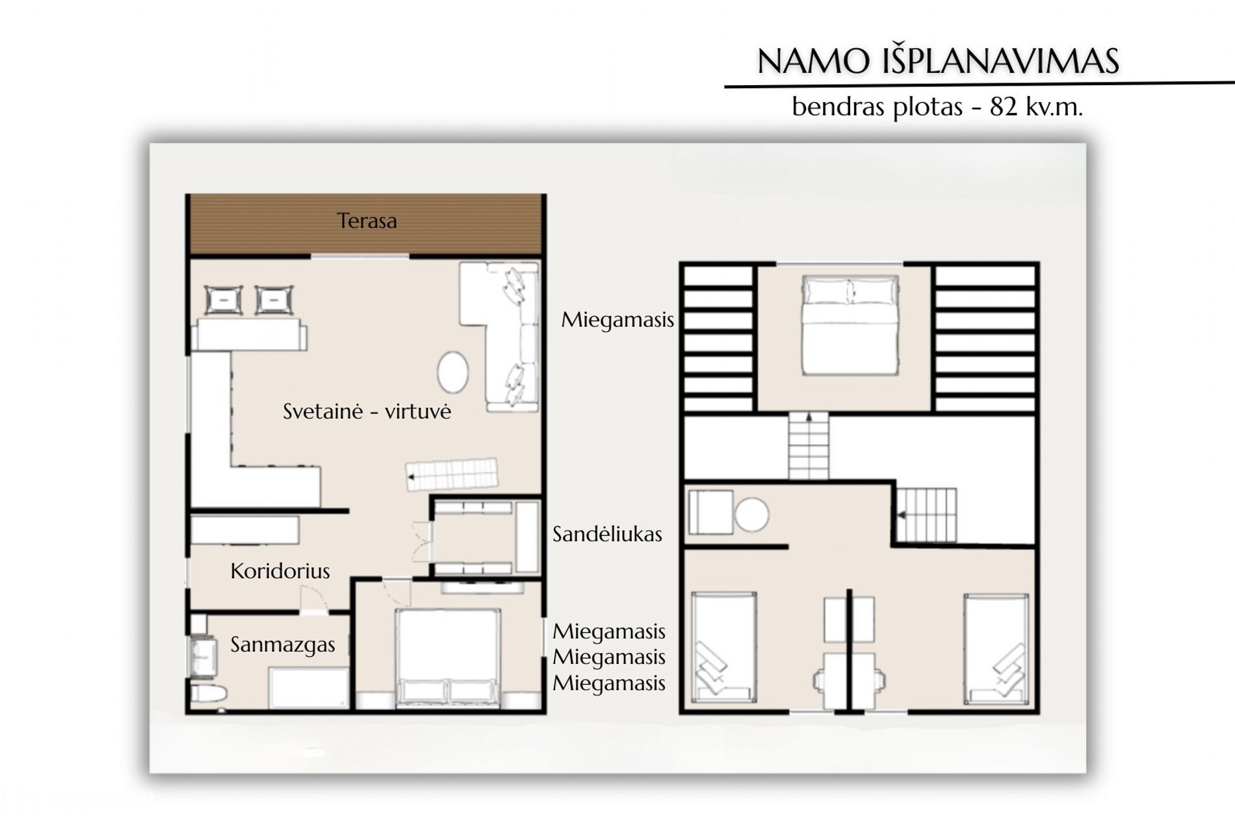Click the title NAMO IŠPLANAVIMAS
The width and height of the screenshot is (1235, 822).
click(938, 61)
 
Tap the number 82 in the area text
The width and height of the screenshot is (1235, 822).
click(1004, 107)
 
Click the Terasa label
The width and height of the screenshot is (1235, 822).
click(367, 221)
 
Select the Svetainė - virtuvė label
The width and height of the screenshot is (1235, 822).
click(367, 411)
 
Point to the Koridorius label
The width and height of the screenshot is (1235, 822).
click(280, 571)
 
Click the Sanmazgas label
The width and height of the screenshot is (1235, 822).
click(283, 645)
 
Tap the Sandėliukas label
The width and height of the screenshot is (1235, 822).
click(607, 534)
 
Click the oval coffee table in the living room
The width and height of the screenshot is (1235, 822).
click(452, 371)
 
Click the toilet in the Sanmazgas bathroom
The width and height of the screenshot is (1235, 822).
click(208, 694)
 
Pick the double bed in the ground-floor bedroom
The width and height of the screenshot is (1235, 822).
click(448, 658)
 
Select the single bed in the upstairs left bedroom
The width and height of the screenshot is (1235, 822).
click(723, 647)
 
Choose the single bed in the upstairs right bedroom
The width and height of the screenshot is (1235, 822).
click(996, 647)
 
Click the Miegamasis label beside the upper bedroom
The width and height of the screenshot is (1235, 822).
click(617, 320)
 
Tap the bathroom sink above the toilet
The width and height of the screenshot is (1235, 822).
click(203, 658)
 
